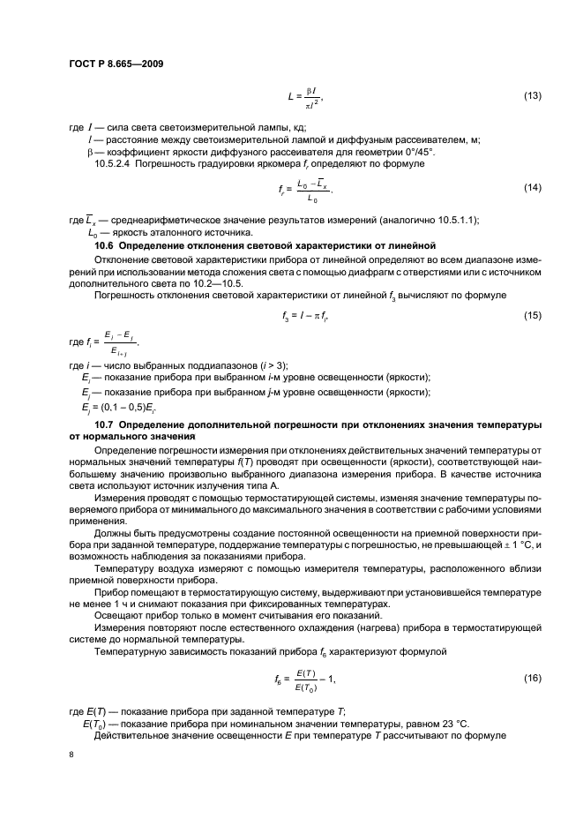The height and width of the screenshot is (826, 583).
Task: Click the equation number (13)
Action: click(x=531, y=95)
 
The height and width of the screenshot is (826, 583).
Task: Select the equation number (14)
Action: click(x=531, y=187)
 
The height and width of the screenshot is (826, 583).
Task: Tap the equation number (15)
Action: click(x=531, y=315)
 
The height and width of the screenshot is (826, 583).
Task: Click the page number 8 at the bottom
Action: click(x=71, y=755)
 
